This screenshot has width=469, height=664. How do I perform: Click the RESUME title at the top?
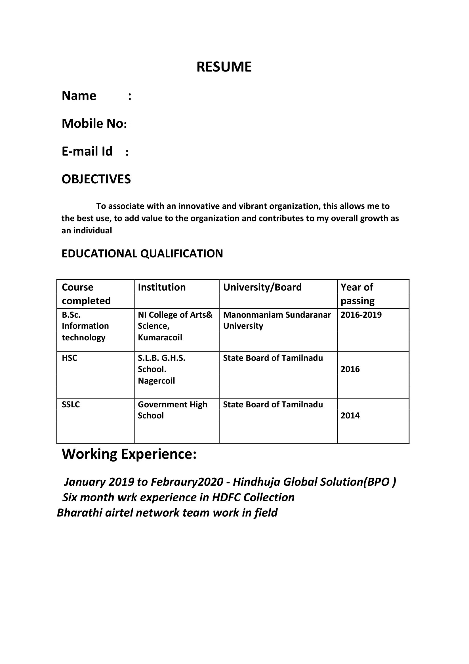pos(224,67)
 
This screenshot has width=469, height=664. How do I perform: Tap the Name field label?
pos(79,96)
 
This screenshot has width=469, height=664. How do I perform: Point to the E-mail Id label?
pos(87,151)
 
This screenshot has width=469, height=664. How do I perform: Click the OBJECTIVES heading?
pos(96,179)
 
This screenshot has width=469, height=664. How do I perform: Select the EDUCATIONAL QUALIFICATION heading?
pos(142,254)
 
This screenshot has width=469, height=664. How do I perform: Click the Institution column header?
pos(162,287)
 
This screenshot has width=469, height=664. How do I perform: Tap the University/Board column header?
pos(262,287)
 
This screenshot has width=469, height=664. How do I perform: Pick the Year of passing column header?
pos(357,294)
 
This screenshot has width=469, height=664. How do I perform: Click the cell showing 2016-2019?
pos(361,315)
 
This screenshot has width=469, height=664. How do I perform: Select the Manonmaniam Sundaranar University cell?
pos(277,320)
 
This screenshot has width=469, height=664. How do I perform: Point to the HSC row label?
pos(70,358)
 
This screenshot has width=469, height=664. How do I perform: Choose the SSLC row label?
pos(71,404)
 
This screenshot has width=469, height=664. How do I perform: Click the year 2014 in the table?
pos(350,416)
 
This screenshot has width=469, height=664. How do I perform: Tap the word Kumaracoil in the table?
pos(160,338)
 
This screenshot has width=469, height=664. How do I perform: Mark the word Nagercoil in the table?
pos(156,381)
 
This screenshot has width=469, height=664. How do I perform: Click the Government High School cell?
pos(173,410)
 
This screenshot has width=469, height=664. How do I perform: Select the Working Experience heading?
pos(129,454)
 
